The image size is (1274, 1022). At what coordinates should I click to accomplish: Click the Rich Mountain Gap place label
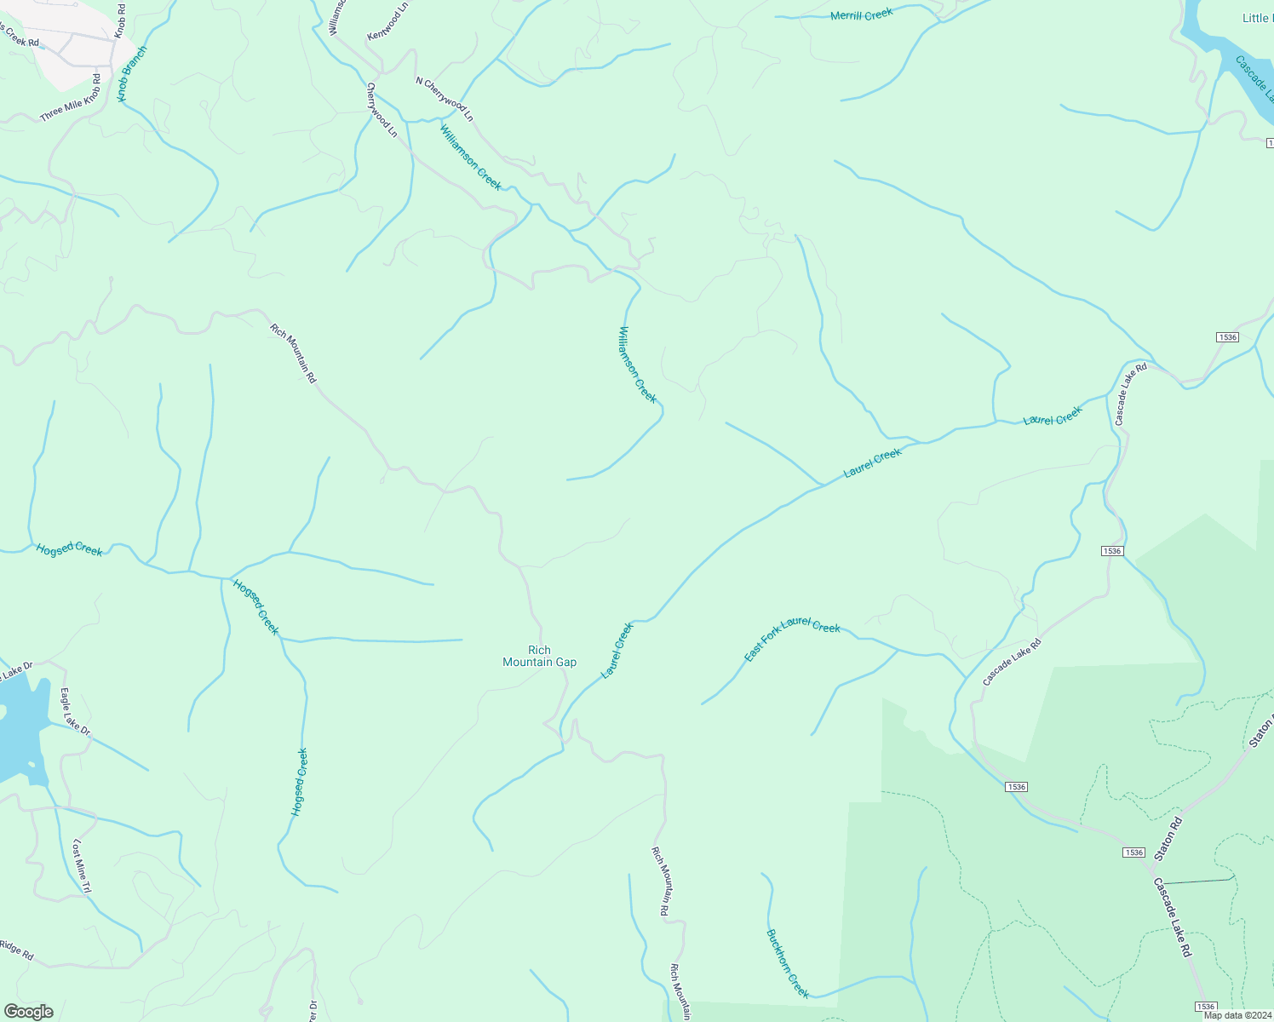539,656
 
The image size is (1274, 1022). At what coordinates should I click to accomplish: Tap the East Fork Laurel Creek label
792,638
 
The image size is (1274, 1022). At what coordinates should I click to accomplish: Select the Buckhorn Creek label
788,962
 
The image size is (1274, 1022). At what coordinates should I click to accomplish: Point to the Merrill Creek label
861,14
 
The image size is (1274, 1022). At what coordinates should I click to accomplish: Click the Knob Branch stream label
133,73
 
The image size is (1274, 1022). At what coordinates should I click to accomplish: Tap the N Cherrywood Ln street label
444,99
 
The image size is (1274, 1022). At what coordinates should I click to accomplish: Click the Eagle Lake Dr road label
75,712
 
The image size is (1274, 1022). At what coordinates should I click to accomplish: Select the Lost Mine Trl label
81,866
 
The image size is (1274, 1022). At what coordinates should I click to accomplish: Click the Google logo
29,1012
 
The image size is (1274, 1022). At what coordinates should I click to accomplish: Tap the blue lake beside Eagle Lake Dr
19,724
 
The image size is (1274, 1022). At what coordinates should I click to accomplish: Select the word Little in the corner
1255,18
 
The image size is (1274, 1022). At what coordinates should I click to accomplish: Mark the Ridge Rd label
17,950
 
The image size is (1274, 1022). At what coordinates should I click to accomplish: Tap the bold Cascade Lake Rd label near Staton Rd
1173,917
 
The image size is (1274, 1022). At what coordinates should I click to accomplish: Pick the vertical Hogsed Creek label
299,782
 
